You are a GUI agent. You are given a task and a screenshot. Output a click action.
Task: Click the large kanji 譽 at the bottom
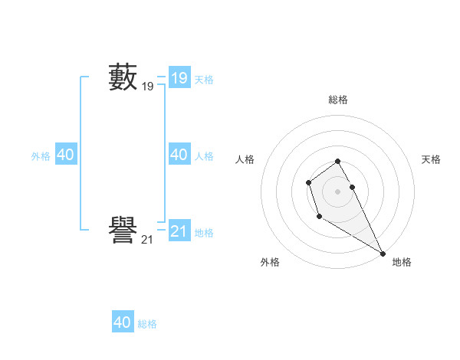[123, 231]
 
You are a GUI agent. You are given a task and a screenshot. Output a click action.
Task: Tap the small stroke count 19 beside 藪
[147, 87]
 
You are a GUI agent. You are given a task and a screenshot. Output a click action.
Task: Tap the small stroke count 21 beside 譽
[147, 240]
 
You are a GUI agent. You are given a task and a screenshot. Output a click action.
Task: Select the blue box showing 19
[179, 77]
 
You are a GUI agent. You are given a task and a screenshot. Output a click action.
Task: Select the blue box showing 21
[179, 231]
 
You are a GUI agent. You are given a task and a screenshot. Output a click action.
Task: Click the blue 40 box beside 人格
[179, 155]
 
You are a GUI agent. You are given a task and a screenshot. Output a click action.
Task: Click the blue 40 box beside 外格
[65, 155]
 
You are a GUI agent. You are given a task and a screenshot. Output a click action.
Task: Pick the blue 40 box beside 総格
[123, 322]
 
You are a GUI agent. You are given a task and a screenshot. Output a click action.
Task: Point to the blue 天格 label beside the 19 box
[204, 80]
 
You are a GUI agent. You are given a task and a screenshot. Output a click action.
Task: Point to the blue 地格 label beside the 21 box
[204, 233]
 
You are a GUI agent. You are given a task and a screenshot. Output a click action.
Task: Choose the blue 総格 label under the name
[147, 325]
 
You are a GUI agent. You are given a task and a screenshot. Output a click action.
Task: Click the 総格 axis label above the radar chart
[338, 100]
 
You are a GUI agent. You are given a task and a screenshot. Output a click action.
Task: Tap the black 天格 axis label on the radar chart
[431, 159]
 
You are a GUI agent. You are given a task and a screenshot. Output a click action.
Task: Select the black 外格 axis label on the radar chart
[270, 262]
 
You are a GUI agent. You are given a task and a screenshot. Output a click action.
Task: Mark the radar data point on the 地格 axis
[383, 253]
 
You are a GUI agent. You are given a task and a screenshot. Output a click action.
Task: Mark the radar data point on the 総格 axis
[338, 161]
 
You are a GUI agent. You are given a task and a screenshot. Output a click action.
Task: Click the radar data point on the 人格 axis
[308, 182]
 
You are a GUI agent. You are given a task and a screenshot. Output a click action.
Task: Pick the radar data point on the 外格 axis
[320, 217]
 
